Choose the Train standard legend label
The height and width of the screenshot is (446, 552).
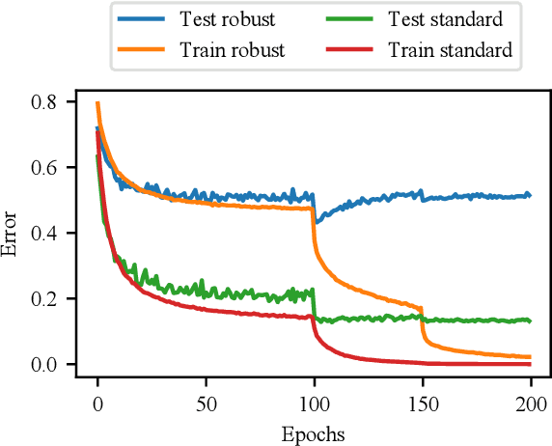(x=449, y=50)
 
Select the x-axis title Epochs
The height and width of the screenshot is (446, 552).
(x=314, y=432)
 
